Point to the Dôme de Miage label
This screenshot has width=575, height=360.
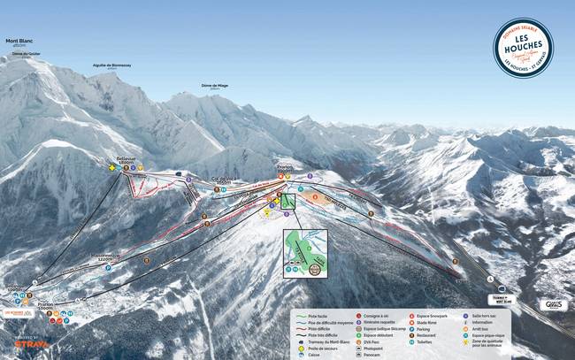214,85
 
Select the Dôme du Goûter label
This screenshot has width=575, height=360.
26,54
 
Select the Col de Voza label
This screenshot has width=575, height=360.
226,179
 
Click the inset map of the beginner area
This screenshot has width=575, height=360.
305,253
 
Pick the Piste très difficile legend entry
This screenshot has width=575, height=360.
324,335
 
